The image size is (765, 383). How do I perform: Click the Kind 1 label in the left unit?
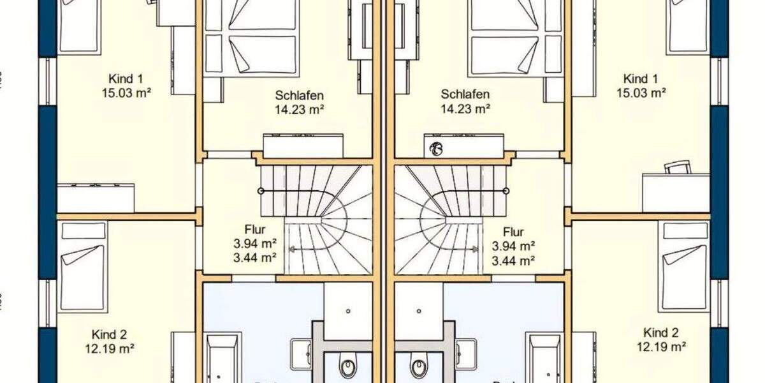click(x=126, y=79)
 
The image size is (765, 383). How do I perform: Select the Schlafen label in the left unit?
click(x=300, y=95)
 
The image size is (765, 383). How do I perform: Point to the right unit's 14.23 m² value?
click(x=465, y=109)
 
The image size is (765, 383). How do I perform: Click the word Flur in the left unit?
click(x=254, y=230)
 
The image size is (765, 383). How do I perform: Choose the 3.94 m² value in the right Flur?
click(x=513, y=246)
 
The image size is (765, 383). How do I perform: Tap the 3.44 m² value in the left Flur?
click(x=254, y=258)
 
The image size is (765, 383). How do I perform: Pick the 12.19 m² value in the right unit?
click(x=660, y=347)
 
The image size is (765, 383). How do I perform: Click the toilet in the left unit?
click(x=348, y=368)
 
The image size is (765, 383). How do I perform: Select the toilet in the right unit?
click(x=418, y=368)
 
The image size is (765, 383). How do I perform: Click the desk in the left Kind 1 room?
click(x=96, y=197)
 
